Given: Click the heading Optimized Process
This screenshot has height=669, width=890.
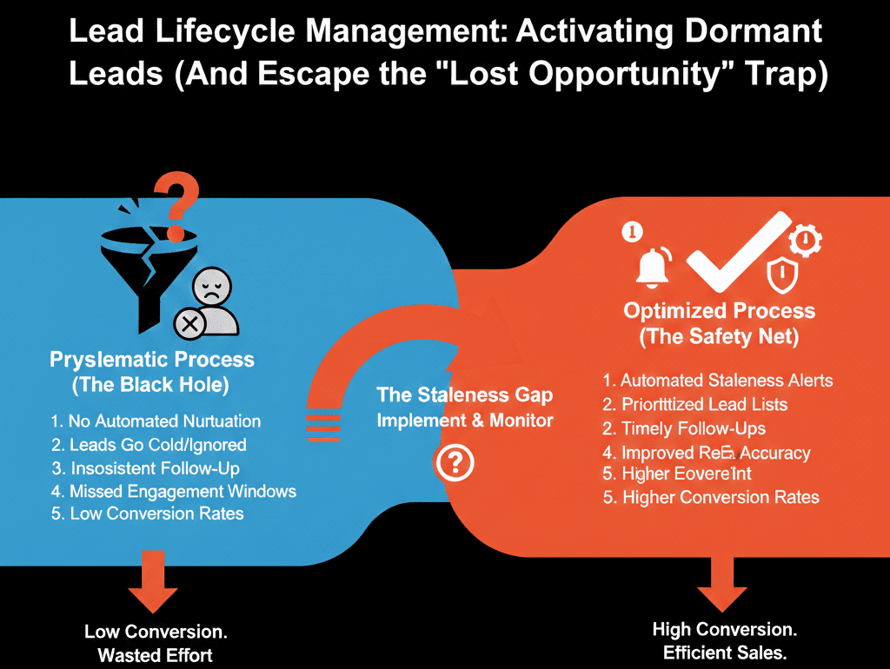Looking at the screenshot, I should (720, 311).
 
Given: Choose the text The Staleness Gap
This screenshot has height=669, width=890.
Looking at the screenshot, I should (464, 395).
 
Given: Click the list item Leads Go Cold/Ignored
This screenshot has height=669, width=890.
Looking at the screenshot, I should (149, 445).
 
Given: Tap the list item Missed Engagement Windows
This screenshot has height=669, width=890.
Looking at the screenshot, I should (174, 491).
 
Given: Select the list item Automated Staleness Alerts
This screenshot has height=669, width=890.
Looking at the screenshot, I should (718, 381).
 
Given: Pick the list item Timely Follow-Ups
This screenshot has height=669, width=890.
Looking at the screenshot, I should (684, 428).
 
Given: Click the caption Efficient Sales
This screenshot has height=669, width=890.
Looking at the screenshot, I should (724, 652).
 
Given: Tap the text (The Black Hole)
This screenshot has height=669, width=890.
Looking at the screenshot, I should (152, 384).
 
